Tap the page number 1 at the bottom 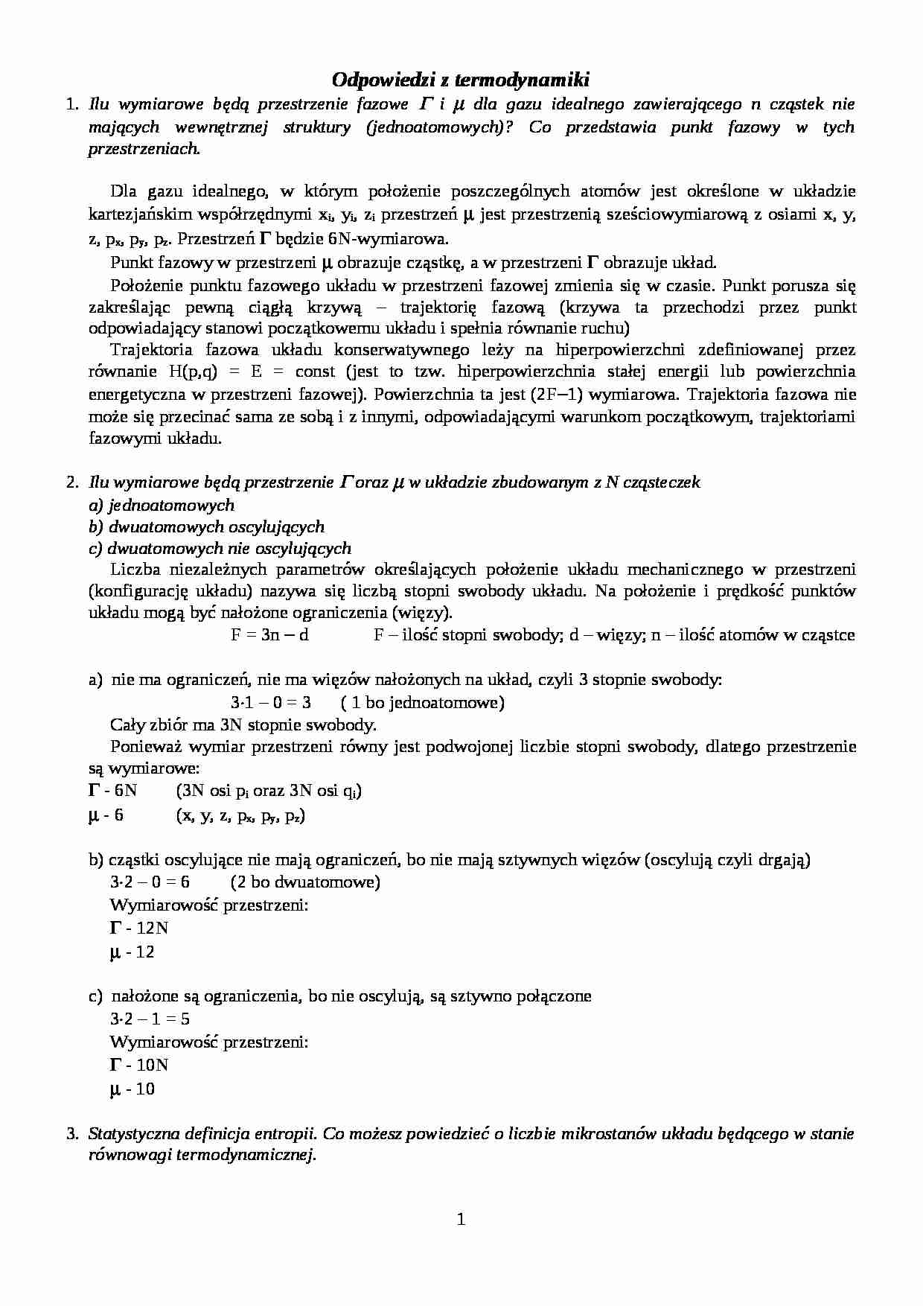461,1219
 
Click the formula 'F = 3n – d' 269,635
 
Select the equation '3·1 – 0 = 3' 270,702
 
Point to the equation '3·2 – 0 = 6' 150,882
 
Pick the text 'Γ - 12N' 138,928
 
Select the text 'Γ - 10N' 138,1065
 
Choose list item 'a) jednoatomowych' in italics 162,506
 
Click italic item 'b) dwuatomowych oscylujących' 206,527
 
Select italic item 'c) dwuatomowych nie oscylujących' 220,549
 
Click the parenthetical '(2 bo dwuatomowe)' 305,882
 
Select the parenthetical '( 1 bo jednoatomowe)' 422,702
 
